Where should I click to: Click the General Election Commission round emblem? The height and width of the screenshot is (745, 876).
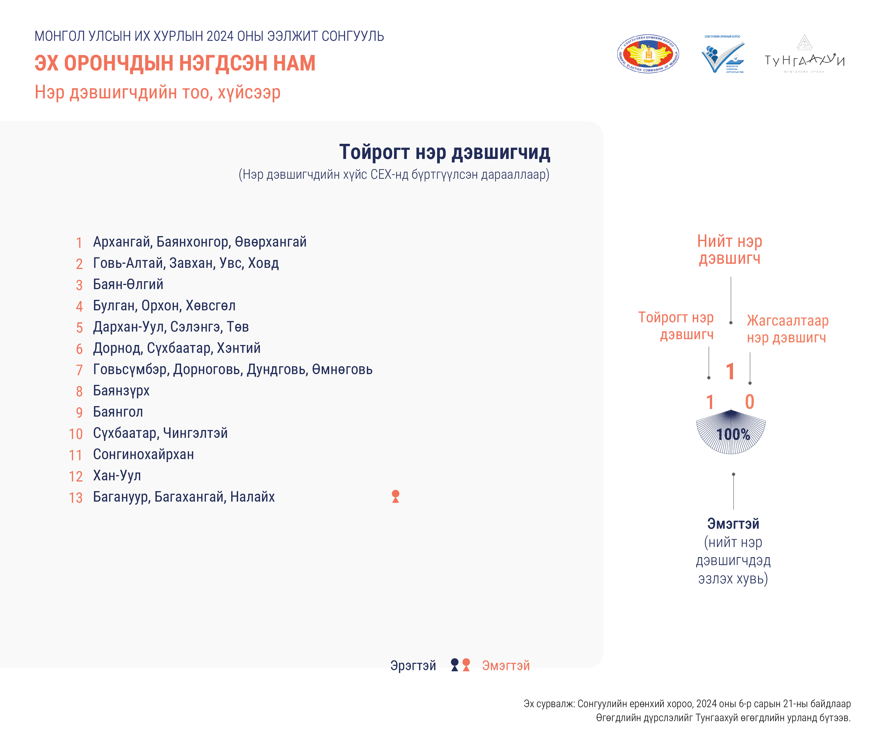pyautogui.click(x=648, y=54)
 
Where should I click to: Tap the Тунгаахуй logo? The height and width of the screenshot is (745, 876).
pyautogui.click(x=804, y=55)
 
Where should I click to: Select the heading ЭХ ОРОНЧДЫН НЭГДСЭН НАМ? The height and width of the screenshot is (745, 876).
pyautogui.click(x=175, y=63)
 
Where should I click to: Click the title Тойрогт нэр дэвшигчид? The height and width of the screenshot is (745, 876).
pyautogui.click(x=444, y=152)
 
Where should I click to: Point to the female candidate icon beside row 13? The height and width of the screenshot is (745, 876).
pyautogui.click(x=395, y=496)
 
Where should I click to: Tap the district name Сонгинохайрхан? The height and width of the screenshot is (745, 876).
pyautogui.click(x=144, y=454)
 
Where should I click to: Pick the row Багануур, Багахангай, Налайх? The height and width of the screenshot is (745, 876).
pyautogui.click(x=184, y=497)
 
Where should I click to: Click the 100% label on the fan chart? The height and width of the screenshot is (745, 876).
pyautogui.click(x=733, y=434)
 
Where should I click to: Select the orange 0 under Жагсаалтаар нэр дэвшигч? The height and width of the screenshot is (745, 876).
pyautogui.click(x=750, y=402)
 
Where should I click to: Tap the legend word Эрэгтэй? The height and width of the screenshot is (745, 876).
pyautogui.click(x=413, y=666)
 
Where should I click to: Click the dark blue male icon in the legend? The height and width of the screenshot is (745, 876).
pyautogui.click(x=455, y=665)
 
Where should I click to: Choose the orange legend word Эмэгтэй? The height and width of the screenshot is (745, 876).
pyautogui.click(x=506, y=666)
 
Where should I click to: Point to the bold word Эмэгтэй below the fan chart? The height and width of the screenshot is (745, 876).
pyautogui.click(x=733, y=524)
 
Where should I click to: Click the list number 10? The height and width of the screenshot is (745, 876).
pyautogui.click(x=76, y=434)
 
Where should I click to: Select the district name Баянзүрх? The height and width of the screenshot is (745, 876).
pyautogui.click(x=121, y=391)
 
